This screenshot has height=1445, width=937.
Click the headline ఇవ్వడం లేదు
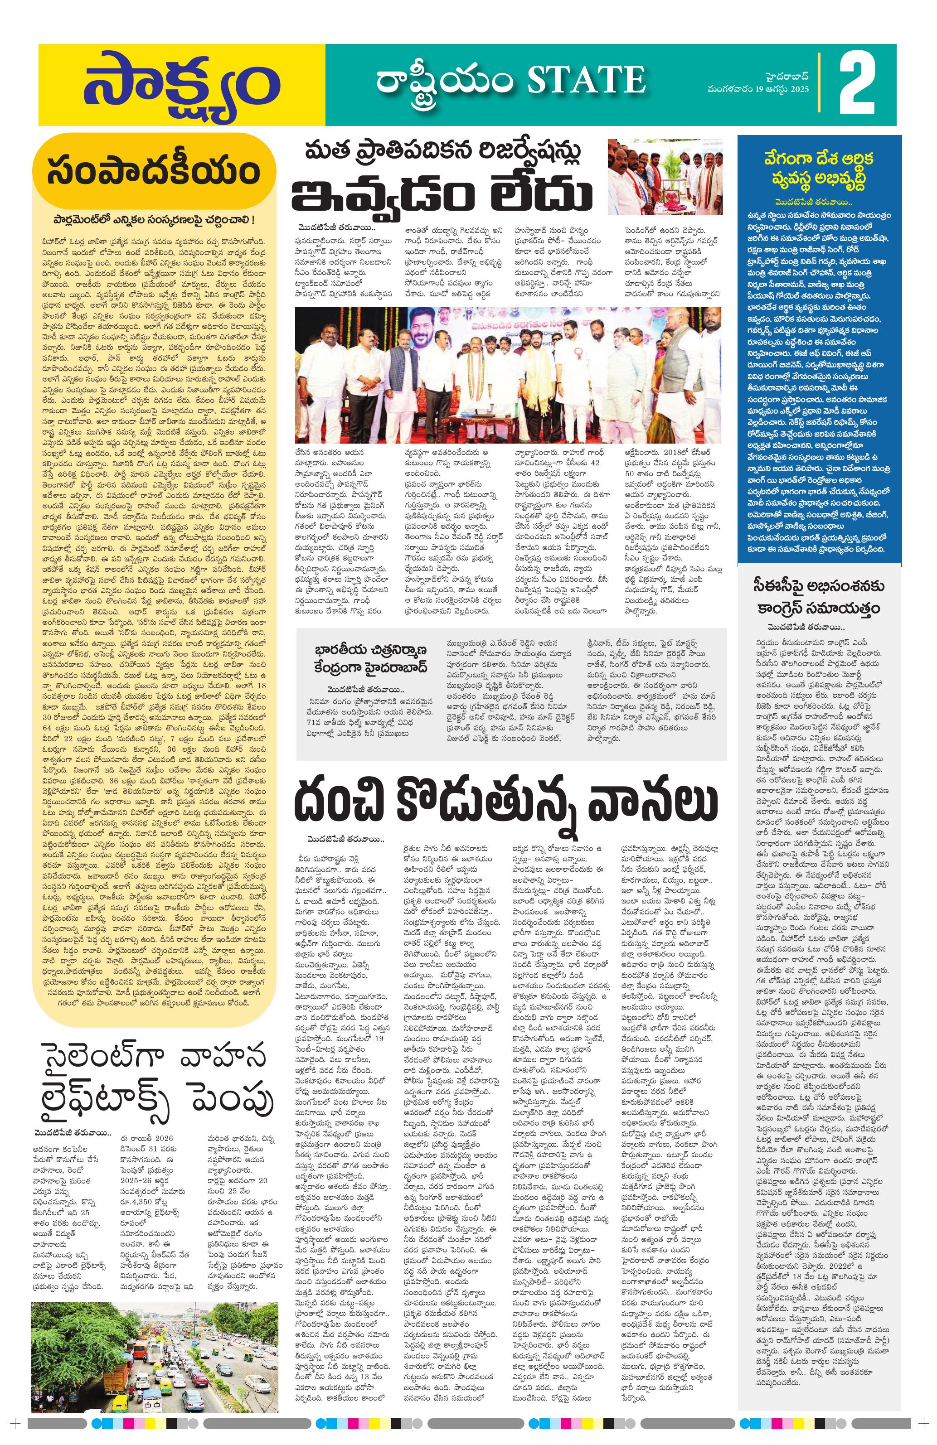click(442, 195)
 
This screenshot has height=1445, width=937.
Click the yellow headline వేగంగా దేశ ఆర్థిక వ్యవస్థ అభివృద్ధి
click(819, 170)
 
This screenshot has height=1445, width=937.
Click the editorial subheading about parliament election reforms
click(152, 218)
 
